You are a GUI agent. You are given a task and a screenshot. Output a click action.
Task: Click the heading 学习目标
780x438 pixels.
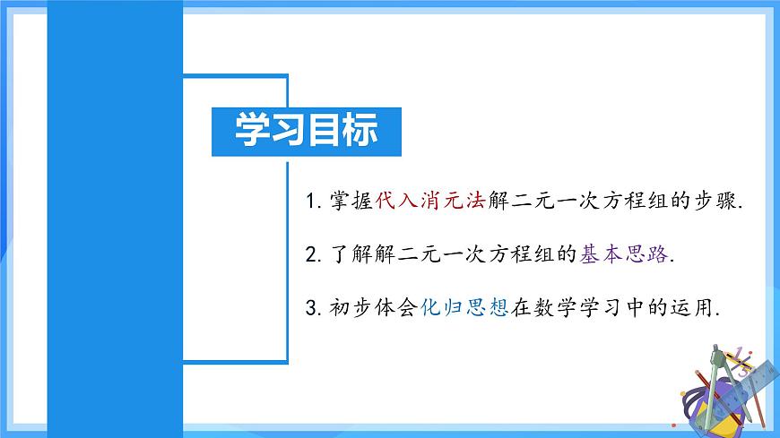coord(306,131)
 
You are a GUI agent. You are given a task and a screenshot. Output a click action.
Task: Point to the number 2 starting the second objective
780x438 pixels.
coord(311,255)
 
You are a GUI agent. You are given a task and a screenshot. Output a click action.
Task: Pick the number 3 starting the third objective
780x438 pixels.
coord(311,309)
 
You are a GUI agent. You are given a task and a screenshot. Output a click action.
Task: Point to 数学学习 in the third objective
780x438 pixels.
coord(586,309)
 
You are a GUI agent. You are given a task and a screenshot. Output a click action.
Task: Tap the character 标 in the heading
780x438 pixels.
coord(360,131)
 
